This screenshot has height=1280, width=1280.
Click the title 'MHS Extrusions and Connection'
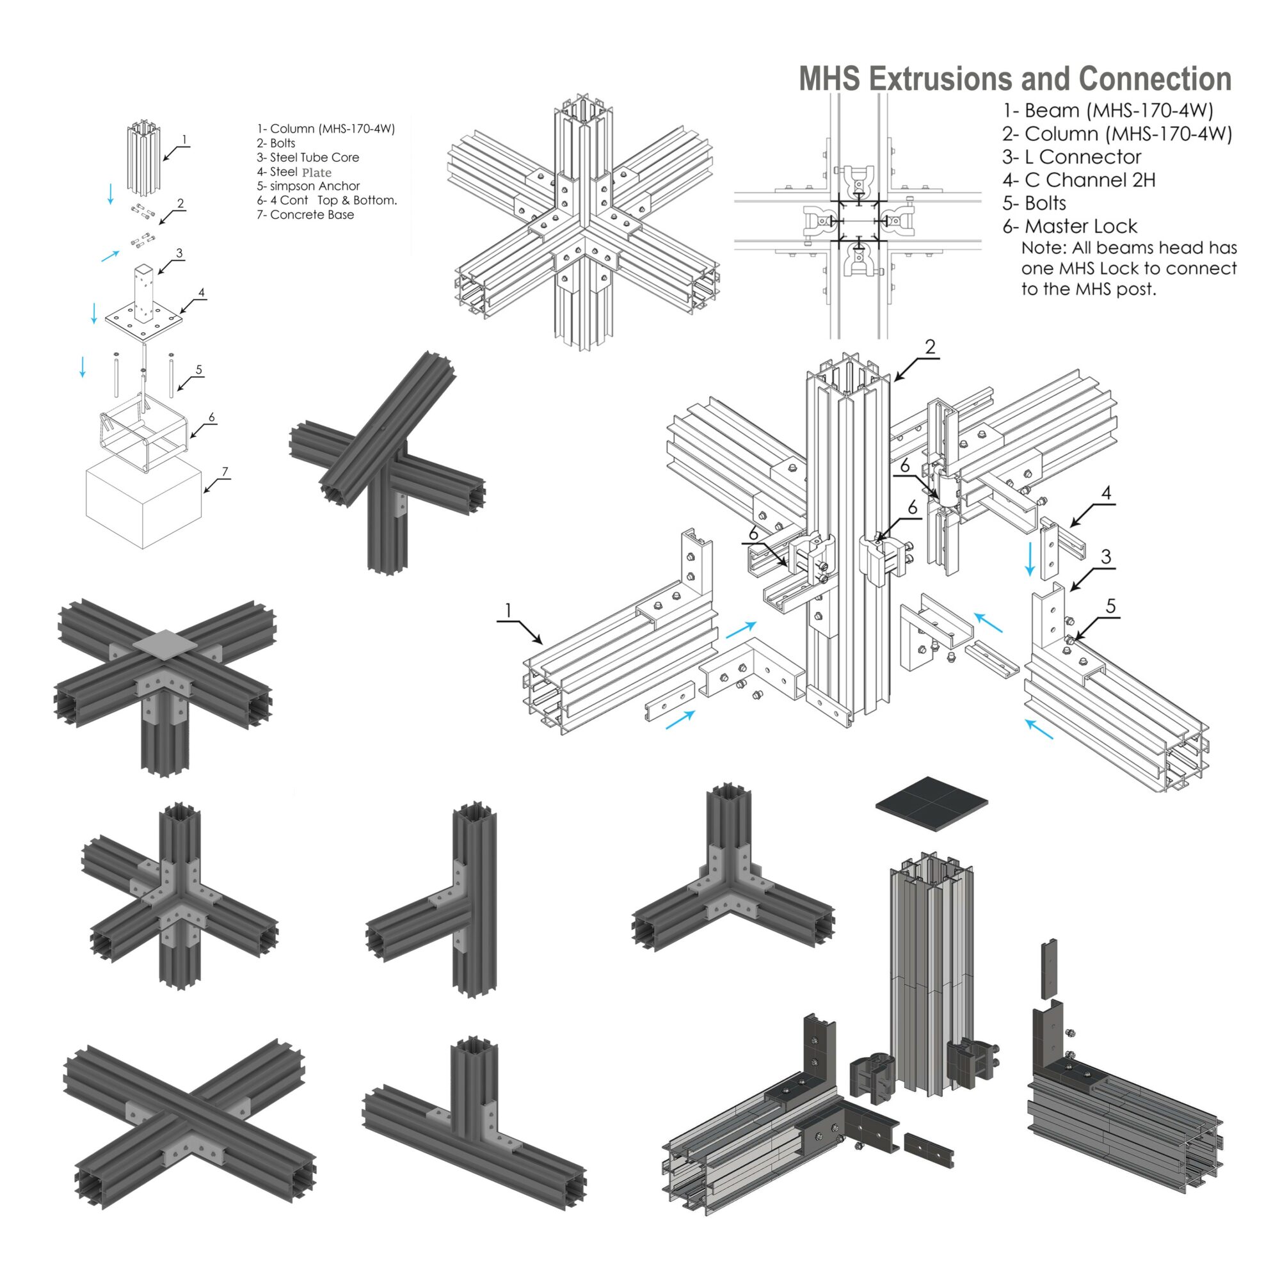point(1014,79)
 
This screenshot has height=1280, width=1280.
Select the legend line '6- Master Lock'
point(1069,227)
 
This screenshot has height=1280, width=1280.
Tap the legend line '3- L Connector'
point(1071,157)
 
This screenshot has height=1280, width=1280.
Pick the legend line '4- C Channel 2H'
point(1078,180)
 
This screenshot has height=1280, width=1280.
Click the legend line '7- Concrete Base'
point(305,214)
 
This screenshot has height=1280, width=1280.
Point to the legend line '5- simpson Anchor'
point(308,186)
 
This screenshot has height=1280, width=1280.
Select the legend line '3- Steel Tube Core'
point(308,157)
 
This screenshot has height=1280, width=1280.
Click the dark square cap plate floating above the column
point(931,803)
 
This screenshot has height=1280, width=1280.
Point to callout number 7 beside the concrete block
point(225,472)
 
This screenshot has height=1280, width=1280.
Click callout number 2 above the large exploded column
point(930,347)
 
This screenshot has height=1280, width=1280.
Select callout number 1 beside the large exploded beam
point(508,610)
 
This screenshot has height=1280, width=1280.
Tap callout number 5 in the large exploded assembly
point(1110,606)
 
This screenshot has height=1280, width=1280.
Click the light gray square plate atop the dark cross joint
point(166,643)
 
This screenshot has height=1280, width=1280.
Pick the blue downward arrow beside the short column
point(111,193)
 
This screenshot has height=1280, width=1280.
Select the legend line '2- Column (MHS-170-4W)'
point(1116,134)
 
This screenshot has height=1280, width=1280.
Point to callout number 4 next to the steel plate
point(202,292)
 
